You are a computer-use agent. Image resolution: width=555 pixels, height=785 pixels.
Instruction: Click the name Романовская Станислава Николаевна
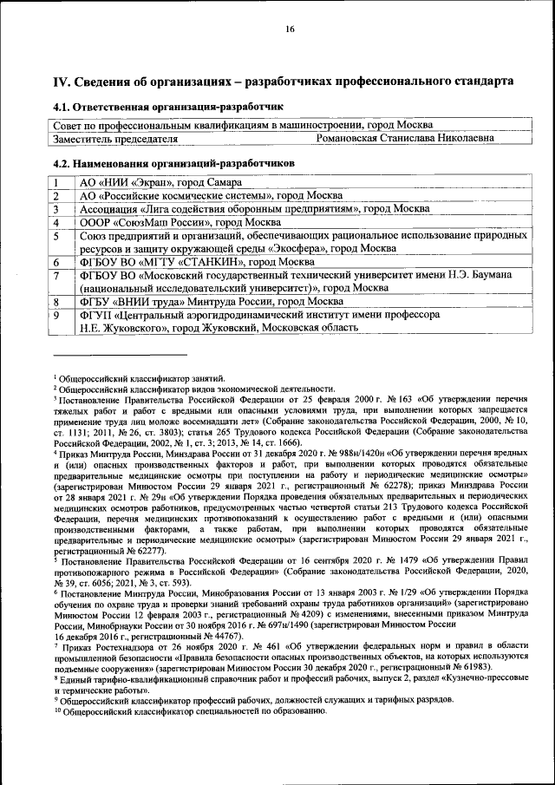[x=406, y=138]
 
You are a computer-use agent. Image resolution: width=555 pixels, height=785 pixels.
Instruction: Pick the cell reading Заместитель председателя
[x=116, y=138]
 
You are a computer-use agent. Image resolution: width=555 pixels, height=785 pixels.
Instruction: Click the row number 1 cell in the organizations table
[x=56, y=183]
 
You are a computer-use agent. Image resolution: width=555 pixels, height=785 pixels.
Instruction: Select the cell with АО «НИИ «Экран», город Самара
[x=159, y=183]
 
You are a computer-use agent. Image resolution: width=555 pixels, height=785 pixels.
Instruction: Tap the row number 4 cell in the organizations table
[x=56, y=222]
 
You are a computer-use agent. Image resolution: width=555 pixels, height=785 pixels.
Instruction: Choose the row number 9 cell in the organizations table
[x=56, y=315]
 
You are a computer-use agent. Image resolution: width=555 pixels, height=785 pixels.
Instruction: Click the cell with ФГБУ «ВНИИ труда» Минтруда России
[x=193, y=302]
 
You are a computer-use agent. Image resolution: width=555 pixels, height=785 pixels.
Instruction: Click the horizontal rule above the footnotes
[x=120, y=354]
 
